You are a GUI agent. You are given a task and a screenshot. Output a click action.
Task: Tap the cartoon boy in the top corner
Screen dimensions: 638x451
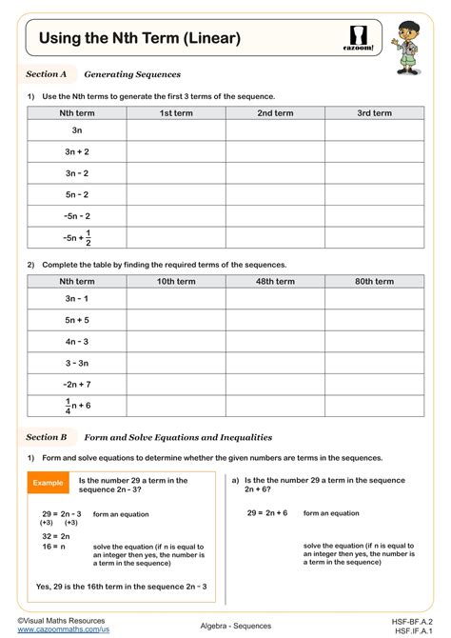click(x=416, y=48)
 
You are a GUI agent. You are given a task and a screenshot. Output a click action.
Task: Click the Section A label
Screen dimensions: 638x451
click(x=47, y=73)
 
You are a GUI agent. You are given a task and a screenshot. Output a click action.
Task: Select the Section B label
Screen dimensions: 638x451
click(x=47, y=437)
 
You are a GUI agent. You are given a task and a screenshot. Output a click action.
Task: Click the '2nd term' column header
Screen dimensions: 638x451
click(x=275, y=113)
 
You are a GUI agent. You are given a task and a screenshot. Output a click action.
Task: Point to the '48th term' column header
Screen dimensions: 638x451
click(x=275, y=281)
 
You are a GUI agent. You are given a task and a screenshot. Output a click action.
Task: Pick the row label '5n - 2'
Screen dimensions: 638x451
click(x=77, y=193)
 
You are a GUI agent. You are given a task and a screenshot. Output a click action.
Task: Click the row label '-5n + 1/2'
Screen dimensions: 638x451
click(x=77, y=237)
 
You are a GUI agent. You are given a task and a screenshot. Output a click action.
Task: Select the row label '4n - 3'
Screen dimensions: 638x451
click(x=77, y=341)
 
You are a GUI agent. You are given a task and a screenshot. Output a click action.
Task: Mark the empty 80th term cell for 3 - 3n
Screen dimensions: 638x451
click(x=374, y=362)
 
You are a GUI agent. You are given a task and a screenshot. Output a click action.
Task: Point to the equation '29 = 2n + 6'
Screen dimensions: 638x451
click(x=267, y=512)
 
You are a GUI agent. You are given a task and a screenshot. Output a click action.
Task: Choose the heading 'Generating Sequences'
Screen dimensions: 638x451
click(x=132, y=73)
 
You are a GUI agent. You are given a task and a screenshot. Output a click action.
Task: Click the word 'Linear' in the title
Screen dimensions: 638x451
click(x=206, y=38)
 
